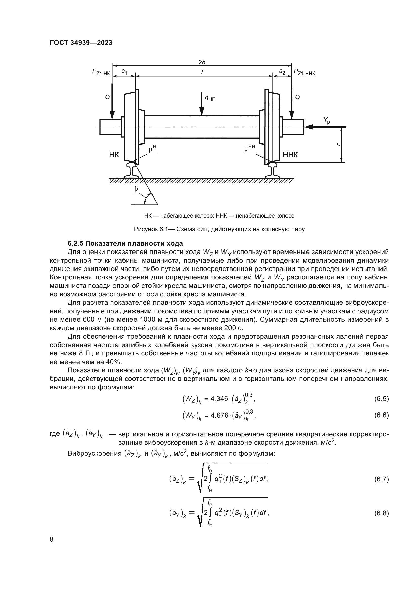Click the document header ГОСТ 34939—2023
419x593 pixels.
(81, 43)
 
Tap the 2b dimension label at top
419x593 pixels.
(202, 62)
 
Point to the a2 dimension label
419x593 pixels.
(282, 71)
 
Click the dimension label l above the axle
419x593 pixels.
(202, 73)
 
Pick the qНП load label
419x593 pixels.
(210, 98)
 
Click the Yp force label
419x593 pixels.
(327, 120)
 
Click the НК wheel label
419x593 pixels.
(114, 155)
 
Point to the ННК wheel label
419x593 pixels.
(290, 155)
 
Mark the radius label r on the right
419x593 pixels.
(338, 145)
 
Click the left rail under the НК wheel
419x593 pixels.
(131, 170)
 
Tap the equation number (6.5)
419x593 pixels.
(381, 399)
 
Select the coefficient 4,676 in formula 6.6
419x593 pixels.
(220, 415)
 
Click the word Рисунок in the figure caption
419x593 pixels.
(145, 229)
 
